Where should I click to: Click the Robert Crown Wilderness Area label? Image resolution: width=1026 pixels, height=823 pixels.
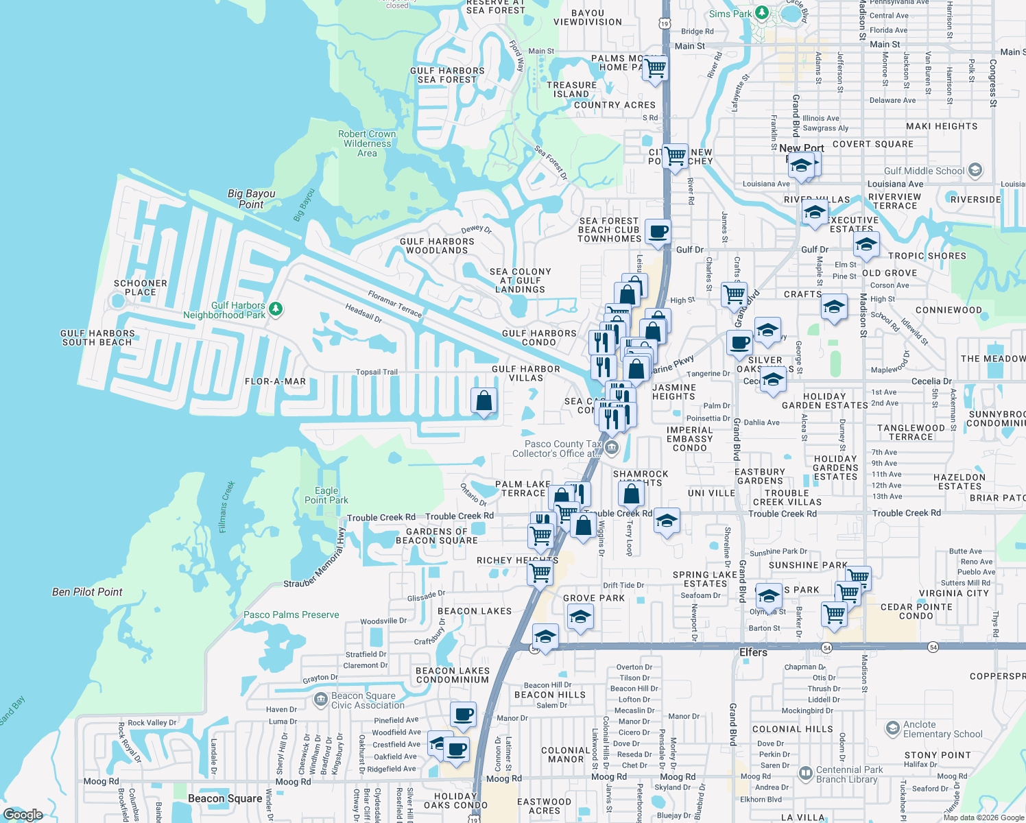point(367,143)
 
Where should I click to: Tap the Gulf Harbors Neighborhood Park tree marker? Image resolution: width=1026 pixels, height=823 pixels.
point(276,309)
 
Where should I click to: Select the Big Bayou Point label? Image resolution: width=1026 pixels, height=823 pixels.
point(251,199)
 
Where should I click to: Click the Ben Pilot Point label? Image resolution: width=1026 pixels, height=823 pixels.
point(87,592)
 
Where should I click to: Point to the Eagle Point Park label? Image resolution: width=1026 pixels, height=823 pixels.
point(326,495)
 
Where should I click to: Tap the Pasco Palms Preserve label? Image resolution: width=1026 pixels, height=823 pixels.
point(291,615)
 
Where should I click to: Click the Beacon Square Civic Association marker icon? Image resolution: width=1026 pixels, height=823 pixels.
point(320,700)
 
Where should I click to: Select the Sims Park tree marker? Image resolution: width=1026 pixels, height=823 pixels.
point(761,13)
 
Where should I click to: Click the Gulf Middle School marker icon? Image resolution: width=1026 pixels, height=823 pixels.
point(975,170)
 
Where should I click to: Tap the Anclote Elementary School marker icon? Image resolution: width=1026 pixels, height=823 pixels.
point(892,728)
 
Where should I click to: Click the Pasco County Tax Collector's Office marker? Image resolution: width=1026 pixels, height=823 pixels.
point(612,449)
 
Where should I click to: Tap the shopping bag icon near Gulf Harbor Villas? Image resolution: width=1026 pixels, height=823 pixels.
point(484,400)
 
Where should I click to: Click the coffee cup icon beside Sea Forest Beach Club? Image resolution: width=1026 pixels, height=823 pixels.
point(658,231)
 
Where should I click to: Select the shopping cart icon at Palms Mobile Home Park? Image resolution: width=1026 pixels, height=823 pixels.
point(655,67)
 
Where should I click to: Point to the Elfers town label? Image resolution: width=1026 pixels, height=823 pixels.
point(753,652)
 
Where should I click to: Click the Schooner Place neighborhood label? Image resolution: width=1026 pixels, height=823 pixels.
point(141,287)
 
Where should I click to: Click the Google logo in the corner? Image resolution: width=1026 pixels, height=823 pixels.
point(23,814)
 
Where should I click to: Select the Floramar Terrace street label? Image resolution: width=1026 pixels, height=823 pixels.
point(394,304)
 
